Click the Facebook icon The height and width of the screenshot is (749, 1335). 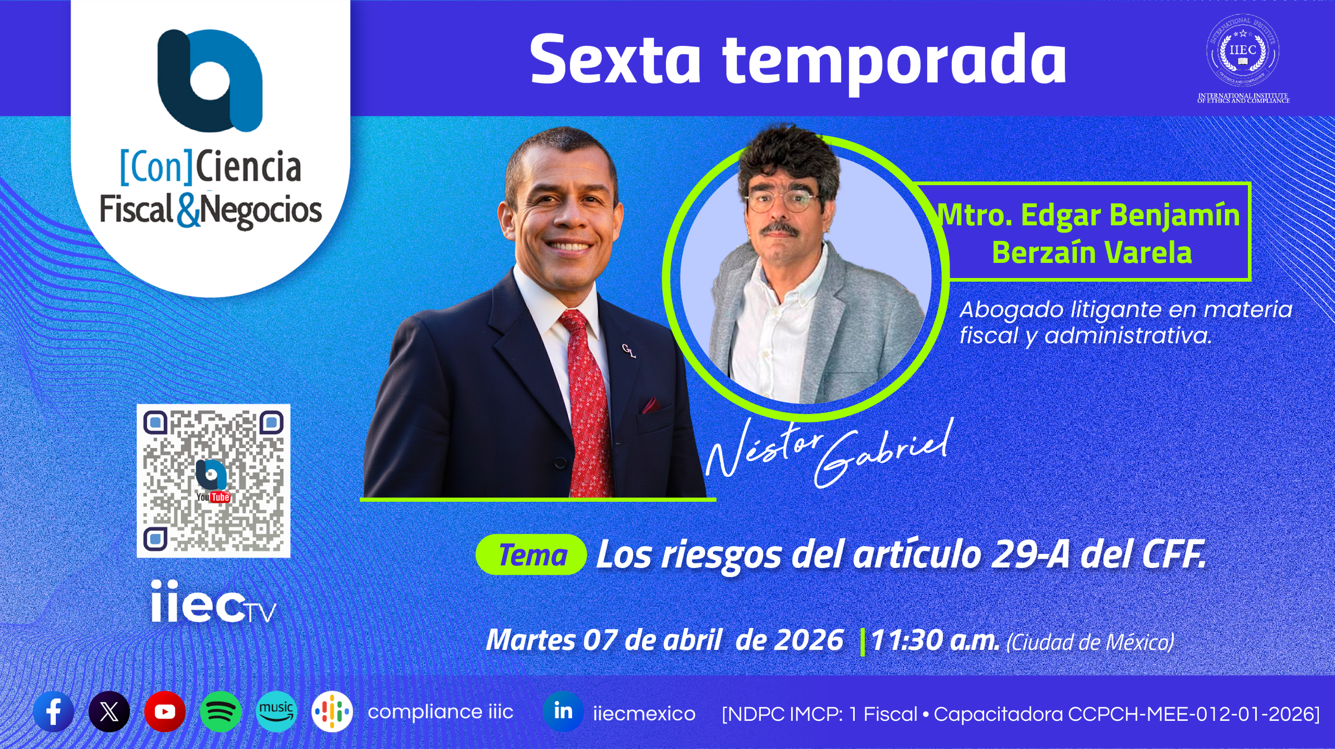click(54, 711)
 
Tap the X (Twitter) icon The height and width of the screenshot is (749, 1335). click(109, 711)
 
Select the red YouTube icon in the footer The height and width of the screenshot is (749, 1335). click(165, 711)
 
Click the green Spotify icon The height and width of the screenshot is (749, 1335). click(221, 711)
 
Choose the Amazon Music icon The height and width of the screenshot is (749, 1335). click(276, 711)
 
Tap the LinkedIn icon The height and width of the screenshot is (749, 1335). click(563, 711)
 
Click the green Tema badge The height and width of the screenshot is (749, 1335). click(531, 554)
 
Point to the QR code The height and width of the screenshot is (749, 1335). click(213, 480)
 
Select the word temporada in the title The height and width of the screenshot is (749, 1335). click(894, 62)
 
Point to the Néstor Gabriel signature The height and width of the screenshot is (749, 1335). click(829, 451)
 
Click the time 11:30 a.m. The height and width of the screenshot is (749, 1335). click(934, 641)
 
